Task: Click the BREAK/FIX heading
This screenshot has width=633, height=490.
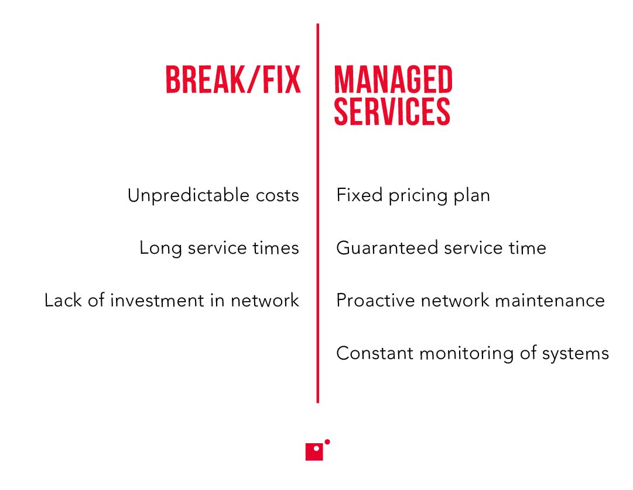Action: tap(233, 80)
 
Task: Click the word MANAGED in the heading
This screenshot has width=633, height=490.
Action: tap(393, 80)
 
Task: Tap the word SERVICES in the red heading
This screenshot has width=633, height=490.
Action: tap(392, 111)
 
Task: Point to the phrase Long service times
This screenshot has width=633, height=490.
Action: tap(219, 248)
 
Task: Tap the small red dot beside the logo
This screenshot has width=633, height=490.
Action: tap(327, 442)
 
